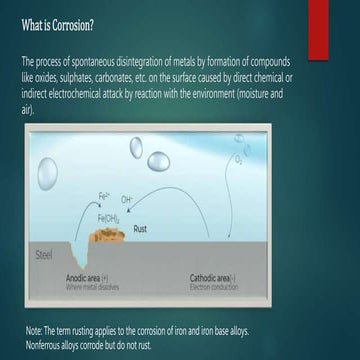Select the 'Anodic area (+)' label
[88, 277]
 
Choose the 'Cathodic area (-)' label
[212, 277]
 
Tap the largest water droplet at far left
[47, 174]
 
